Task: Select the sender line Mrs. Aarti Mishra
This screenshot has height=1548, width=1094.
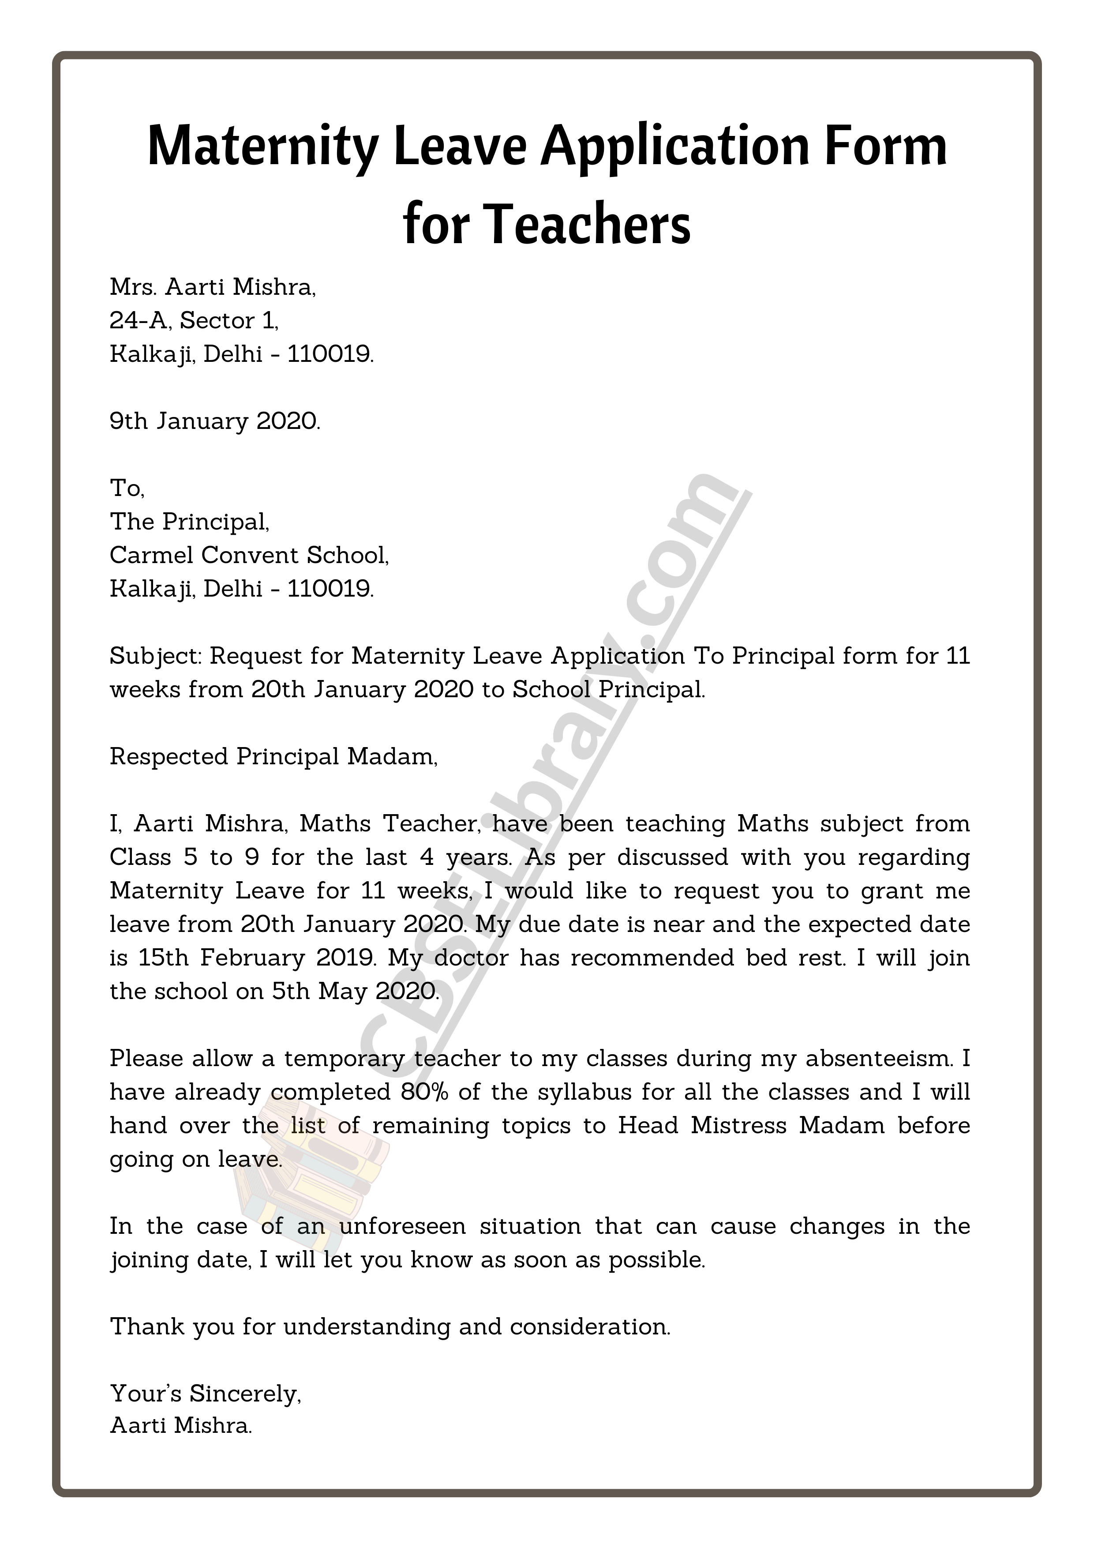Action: (212, 287)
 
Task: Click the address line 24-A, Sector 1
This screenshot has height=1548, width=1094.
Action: (194, 320)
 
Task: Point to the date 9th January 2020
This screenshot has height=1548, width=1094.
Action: (215, 421)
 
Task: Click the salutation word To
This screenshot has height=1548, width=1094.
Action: (127, 488)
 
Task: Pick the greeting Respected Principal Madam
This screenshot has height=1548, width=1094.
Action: (273, 756)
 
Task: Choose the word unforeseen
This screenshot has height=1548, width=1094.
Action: (402, 1226)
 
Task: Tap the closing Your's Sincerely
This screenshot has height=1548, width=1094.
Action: (206, 1393)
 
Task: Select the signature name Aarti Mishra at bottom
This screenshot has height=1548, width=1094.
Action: (181, 1425)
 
